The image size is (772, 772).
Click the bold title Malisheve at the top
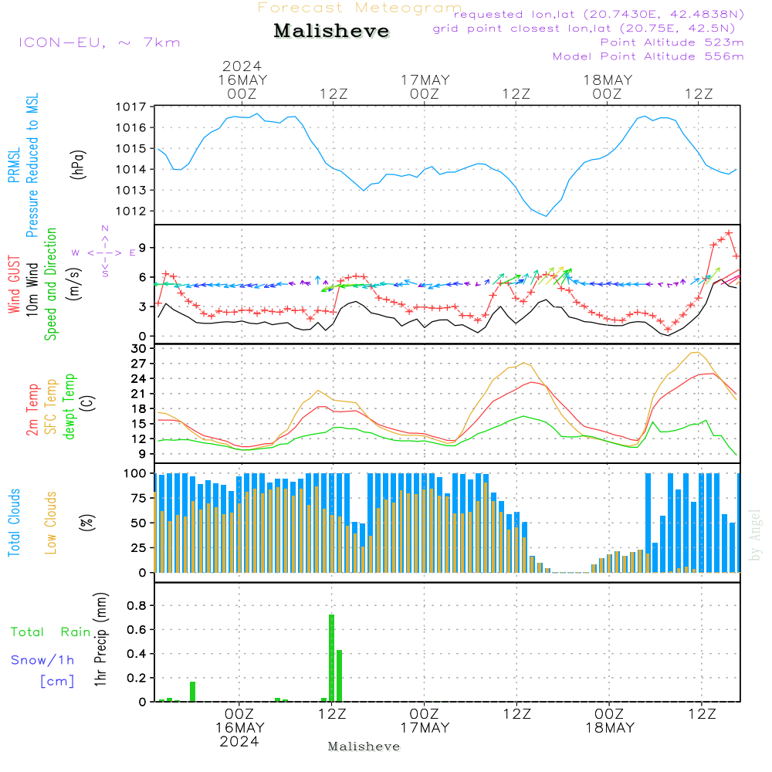click(x=331, y=32)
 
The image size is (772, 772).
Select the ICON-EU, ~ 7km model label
click(x=99, y=42)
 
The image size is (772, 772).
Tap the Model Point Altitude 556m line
click(x=648, y=56)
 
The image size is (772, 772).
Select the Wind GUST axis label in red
click(x=15, y=285)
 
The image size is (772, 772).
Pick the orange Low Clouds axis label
click(x=52, y=522)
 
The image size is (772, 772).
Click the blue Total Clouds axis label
click(x=15, y=522)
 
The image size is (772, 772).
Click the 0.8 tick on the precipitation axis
click(x=137, y=606)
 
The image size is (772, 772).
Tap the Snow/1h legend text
click(x=43, y=660)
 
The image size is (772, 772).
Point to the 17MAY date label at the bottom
click(x=424, y=727)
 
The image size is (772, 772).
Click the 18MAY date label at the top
click(x=608, y=80)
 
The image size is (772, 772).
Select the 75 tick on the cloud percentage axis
click(x=137, y=498)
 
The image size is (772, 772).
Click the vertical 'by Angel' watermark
click(x=755, y=534)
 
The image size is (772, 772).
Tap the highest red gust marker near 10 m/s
click(x=728, y=232)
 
